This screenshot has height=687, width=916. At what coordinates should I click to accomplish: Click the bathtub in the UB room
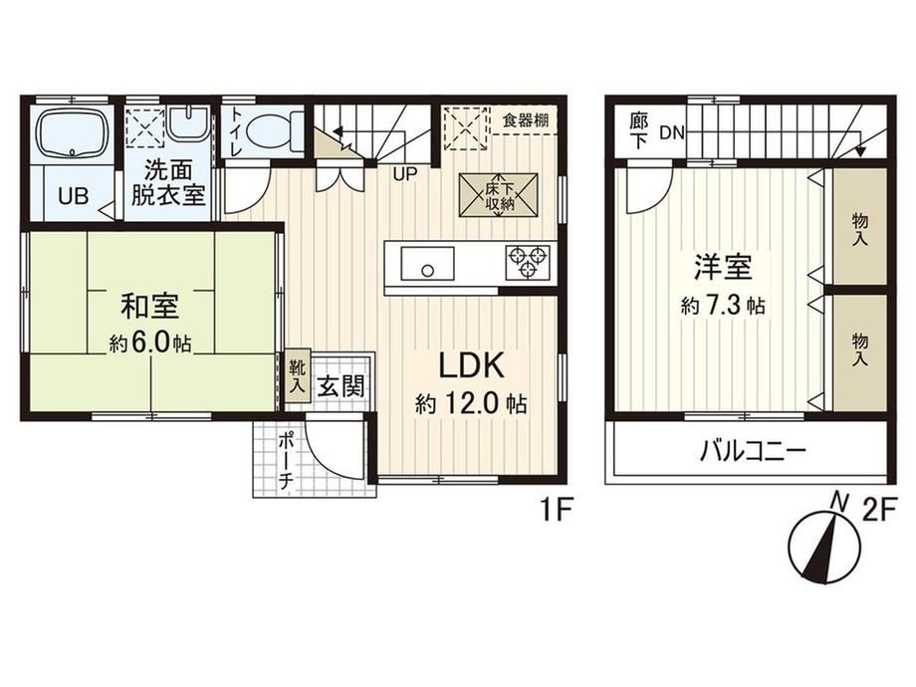click(73, 133)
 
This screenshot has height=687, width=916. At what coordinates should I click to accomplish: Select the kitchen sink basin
click(427, 263)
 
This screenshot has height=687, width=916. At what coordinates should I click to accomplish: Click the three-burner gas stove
click(528, 262)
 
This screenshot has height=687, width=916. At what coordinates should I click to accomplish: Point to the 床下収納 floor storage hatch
click(498, 195)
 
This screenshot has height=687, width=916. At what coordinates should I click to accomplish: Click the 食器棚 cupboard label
click(526, 120)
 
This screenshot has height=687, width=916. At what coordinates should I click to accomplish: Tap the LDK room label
click(471, 366)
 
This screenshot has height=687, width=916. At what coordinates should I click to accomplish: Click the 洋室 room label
click(723, 268)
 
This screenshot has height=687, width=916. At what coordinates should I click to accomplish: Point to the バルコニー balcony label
click(753, 450)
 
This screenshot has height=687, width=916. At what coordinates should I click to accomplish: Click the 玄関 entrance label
click(342, 386)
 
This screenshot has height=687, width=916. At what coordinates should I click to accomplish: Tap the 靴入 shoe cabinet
click(298, 376)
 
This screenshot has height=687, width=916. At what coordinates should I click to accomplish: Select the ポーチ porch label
click(286, 460)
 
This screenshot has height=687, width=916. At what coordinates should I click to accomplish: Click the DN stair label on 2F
click(672, 133)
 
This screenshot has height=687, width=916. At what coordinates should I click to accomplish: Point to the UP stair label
click(405, 174)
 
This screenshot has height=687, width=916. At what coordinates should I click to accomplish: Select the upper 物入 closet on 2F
click(860, 228)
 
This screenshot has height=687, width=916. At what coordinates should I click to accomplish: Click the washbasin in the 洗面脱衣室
click(188, 122)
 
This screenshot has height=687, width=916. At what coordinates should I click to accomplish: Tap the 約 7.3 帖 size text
click(723, 305)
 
